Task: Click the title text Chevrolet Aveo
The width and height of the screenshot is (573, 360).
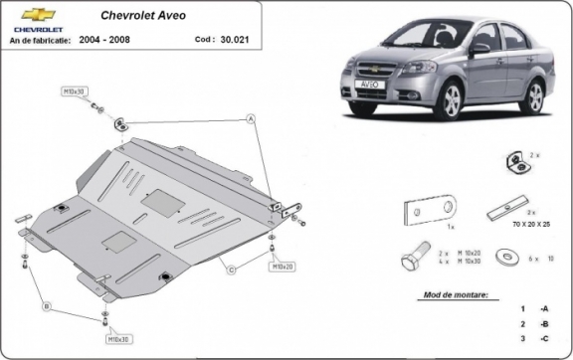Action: [141, 16]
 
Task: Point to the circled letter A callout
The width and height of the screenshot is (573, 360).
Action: [251, 117]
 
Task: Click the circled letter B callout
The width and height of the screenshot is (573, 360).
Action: [46, 307]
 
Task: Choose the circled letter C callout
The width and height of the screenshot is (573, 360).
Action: [231, 270]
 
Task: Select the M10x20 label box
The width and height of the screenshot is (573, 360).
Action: [282, 267]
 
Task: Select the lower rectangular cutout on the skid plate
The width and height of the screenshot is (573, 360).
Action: [116, 241]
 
